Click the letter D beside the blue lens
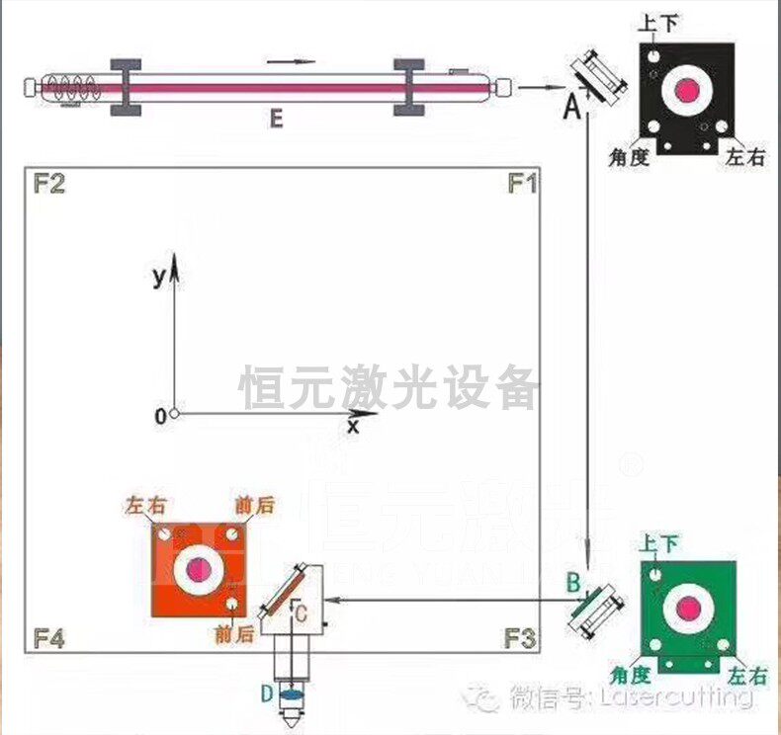pos(266,694)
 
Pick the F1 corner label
pos(521,184)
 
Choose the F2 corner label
pos(49,184)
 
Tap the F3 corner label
pos(521,639)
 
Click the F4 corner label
pos(49,639)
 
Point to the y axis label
pos(158,277)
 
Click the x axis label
pos(352,427)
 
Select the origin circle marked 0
pos(173,414)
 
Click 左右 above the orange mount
pos(146,505)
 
